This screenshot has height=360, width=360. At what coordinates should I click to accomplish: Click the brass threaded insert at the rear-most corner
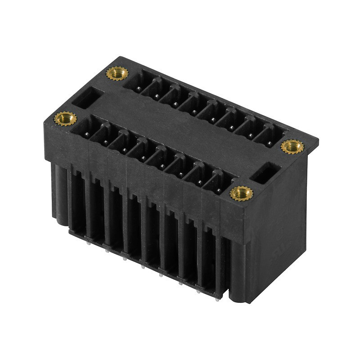117,73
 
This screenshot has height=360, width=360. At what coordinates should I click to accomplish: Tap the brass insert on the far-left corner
65,118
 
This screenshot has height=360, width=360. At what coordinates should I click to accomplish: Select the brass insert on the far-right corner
292,146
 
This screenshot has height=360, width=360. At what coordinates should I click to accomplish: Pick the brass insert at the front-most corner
242,193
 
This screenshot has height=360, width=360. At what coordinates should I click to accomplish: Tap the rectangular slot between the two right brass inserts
266,173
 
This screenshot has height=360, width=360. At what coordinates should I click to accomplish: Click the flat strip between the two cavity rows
180,130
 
